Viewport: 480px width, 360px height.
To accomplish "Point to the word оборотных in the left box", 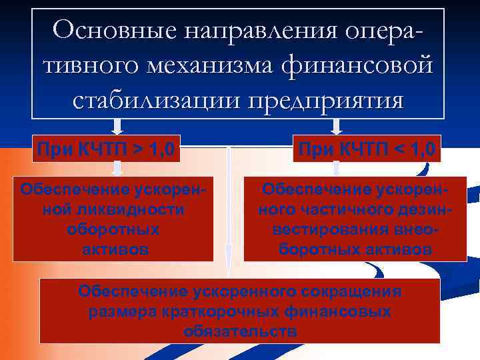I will (x=113, y=229).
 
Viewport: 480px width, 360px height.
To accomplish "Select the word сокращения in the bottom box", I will (x=352, y=291).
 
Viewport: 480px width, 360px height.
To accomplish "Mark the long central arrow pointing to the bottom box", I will (x=229, y=213).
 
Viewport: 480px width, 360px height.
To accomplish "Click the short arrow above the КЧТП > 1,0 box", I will (x=118, y=127).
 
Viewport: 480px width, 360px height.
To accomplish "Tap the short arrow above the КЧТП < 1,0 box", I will (x=337, y=127).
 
